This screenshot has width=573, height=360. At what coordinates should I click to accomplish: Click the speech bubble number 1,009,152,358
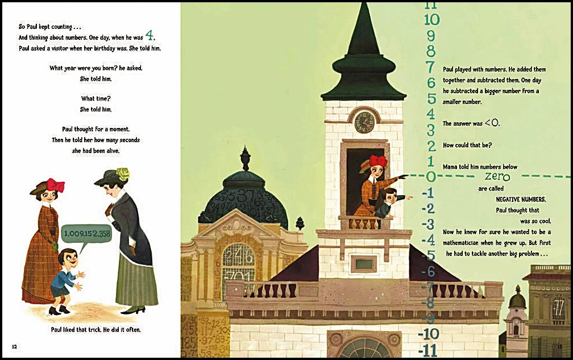coord(87,234)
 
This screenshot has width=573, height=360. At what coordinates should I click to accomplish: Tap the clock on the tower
coord(364,122)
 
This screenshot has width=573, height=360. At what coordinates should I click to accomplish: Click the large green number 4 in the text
coord(150,36)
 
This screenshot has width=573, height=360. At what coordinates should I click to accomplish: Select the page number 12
coord(15,346)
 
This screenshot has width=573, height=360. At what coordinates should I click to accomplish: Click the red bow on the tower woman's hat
coord(377,161)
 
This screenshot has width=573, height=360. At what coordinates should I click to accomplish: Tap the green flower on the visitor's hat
coord(123,173)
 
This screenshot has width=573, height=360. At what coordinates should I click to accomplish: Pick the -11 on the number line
coord(428,349)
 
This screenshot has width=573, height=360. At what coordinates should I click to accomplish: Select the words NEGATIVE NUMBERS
coord(521,199)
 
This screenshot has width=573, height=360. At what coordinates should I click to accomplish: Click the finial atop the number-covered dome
coord(244,158)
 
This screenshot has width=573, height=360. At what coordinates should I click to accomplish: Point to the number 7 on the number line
coord(431,67)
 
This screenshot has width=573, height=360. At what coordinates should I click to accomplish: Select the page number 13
coord(559,345)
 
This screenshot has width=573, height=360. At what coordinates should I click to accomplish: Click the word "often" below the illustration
coord(131,330)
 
